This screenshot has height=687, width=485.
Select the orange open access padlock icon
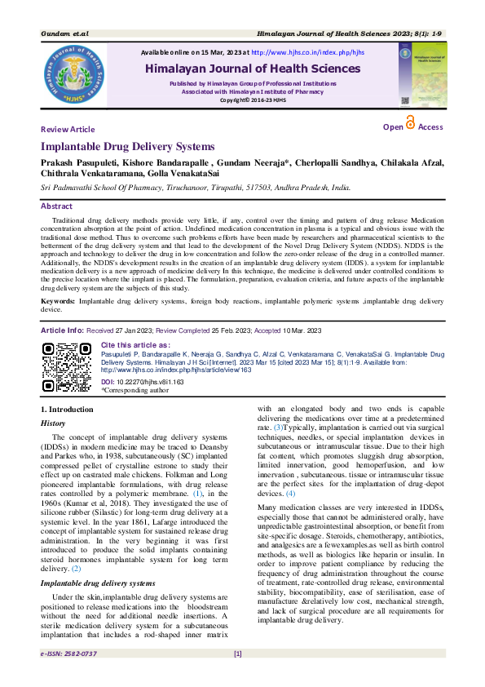[x=410, y=123]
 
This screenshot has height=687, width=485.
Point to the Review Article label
[x=68, y=130]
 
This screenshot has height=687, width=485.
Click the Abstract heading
[x=56, y=206]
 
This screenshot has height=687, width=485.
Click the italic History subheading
[x=54, y=423]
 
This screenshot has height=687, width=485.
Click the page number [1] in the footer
[x=237, y=676]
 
